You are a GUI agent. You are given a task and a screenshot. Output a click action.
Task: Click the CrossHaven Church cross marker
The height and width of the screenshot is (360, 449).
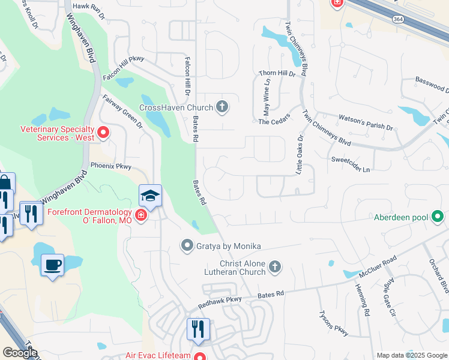(x=222, y=107)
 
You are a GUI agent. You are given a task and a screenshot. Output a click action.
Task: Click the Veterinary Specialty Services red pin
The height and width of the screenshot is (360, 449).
(x=103, y=132)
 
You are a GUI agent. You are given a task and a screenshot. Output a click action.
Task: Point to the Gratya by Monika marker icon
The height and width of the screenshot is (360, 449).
(x=187, y=245)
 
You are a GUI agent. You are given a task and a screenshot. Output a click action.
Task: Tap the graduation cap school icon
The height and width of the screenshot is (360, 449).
(x=150, y=196)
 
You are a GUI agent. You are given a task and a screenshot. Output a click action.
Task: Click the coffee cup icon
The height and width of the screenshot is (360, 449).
(x=52, y=265)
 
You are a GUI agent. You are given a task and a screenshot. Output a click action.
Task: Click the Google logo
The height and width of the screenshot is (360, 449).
(x=20, y=353)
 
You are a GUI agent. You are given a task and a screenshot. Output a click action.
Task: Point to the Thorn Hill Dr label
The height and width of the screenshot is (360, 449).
(x=277, y=74)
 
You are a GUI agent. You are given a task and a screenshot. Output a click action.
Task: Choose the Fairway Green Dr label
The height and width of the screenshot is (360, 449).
(x=122, y=112)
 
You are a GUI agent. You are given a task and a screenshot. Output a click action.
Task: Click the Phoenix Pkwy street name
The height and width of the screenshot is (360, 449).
(x=110, y=166)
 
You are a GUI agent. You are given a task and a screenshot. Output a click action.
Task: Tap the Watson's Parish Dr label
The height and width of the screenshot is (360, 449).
(x=366, y=128)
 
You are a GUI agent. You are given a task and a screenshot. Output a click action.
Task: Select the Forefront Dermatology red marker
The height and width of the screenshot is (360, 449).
(x=141, y=216)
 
